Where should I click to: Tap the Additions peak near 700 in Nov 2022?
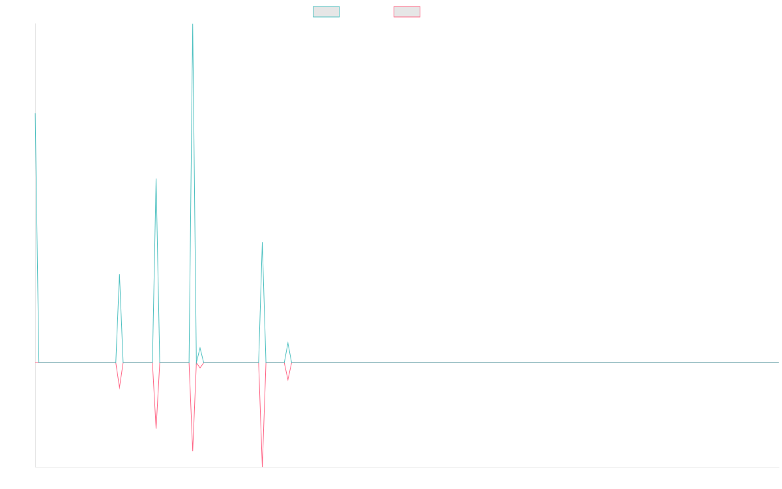click(119, 275)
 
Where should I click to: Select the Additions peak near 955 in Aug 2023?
click(262, 243)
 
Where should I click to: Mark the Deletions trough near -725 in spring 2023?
click(193, 451)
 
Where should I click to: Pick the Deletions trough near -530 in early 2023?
click(156, 428)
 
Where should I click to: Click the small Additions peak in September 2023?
click(287, 342)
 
